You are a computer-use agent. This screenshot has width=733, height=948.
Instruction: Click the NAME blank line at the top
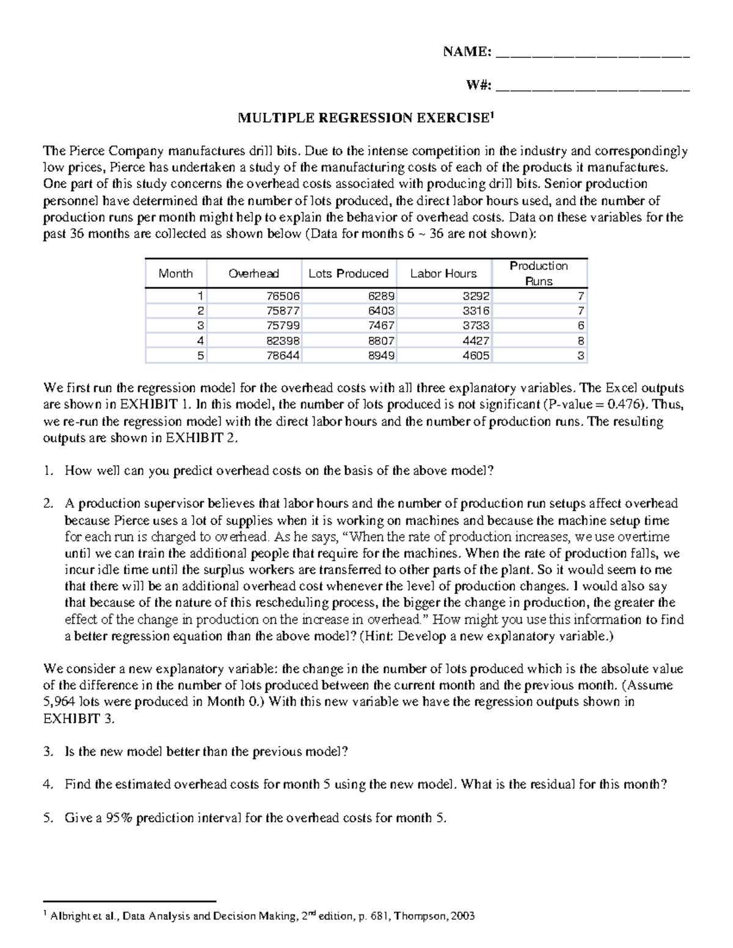(x=593, y=56)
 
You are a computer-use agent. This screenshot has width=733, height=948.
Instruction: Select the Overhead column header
(x=253, y=273)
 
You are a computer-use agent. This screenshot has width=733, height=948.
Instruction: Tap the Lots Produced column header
(x=348, y=273)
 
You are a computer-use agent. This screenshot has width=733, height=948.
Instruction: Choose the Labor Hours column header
(x=443, y=273)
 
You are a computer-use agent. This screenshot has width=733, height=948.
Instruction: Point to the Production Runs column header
(x=539, y=273)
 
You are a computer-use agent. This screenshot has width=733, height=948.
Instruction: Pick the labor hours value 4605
(x=476, y=355)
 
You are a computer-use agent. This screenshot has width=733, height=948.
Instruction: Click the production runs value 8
(x=581, y=341)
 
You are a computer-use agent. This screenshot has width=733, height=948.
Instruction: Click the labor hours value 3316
(x=476, y=311)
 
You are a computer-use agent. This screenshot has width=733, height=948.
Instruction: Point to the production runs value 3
(x=581, y=355)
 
